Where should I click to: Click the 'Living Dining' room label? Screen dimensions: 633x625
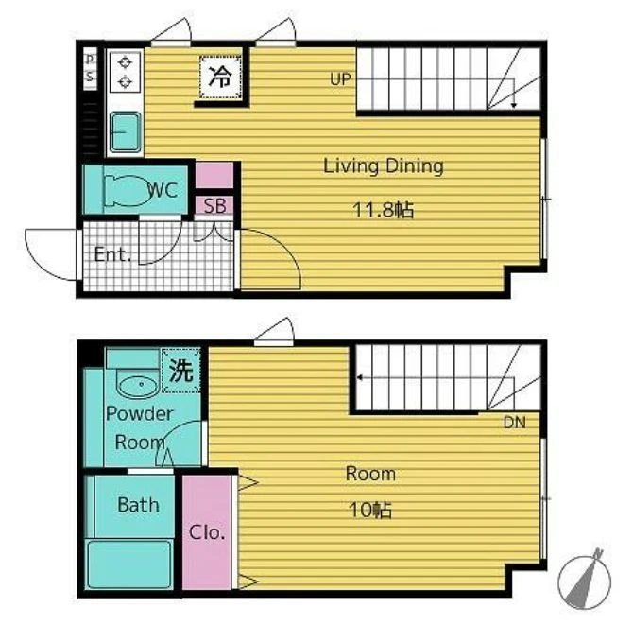(384, 166)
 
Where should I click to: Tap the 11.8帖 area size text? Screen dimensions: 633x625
(384, 210)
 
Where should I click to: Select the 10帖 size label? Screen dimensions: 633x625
(370, 511)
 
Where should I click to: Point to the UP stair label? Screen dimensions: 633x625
(340, 79)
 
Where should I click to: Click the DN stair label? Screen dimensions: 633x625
(514, 423)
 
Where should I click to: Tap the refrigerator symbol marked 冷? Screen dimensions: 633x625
(220, 77)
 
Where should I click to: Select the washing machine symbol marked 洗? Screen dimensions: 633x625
(180, 371)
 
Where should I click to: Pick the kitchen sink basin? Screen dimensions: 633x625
(126, 131)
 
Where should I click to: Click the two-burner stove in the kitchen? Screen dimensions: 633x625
(125, 73)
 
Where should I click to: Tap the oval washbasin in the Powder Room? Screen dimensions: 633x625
(136, 386)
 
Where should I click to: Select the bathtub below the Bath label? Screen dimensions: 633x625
(129, 564)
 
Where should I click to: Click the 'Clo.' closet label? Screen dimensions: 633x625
(207, 532)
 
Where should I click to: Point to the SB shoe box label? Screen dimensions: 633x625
(214, 206)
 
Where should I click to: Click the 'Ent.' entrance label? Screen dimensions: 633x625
(112, 254)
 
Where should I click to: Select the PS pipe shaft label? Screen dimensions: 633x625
(90, 67)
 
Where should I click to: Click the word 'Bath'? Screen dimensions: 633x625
(138, 505)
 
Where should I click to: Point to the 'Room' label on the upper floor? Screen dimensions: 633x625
(370, 474)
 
